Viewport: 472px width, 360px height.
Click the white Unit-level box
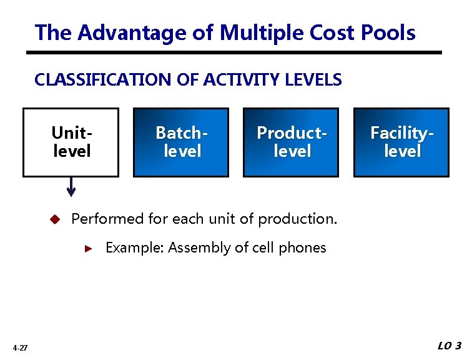71,142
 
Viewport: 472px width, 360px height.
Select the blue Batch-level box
181,142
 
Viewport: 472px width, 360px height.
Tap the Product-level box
291,142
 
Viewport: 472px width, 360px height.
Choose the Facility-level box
401,142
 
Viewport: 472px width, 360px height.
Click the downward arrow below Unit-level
71,187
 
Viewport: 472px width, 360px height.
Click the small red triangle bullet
89,248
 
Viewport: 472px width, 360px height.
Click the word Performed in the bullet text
107,219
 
